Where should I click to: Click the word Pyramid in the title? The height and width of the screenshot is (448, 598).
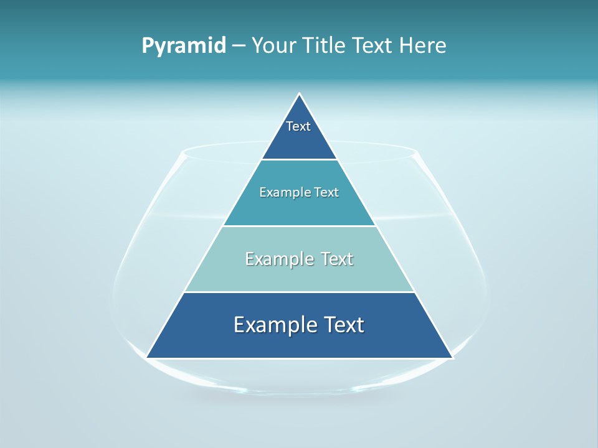pyautogui.click(x=184, y=46)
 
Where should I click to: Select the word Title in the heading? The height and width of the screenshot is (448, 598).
pyautogui.click(x=328, y=46)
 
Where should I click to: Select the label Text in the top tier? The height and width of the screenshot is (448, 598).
pyautogui.click(x=298, y=126)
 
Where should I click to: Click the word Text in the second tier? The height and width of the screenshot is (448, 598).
pyautogui.click(x=326, y=192)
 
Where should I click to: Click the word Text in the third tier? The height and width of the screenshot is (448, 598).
pyautogui.click(x=336, y=259)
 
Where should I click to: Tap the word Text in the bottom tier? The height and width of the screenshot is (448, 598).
pyautogui.click(x=343, y=325)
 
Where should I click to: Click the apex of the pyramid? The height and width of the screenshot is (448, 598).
pyautogui.click(x=299, y=95)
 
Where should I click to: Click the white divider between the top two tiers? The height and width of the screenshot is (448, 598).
pyautogui.click(x=299, y=159)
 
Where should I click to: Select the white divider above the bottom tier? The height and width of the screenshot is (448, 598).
pyautogui.click(x=299, y=292)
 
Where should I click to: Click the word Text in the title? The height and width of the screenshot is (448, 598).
pyautogui.click(x=373, y=46)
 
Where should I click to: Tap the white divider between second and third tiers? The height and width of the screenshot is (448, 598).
pyautogui.click(x=299, y=226)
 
